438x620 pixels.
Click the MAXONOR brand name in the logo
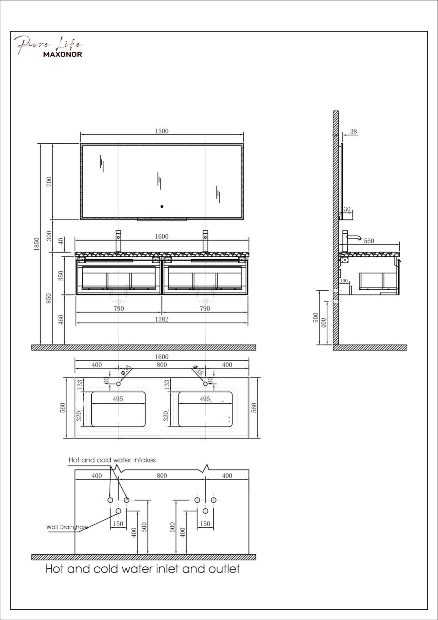[63, 54]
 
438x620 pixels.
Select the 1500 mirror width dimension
[162, 131]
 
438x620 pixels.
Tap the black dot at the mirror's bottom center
[162, 206]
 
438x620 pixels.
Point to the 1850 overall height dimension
[36, 244]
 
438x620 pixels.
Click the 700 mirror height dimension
[49, 181]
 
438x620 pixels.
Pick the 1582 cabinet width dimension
[162, 319]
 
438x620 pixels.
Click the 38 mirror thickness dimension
[353, 131]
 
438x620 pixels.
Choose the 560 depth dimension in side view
[369, 241]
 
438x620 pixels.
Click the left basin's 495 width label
[118, 399]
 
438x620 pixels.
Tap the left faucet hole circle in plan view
[118, 384]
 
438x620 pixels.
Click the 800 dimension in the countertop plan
[162, 365]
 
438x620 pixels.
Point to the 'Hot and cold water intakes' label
[112, 460]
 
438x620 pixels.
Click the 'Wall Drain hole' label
[67, 527]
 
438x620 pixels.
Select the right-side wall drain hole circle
[205, 511]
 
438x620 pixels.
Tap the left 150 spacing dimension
[118, 524]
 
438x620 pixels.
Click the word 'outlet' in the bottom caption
[224, 569]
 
